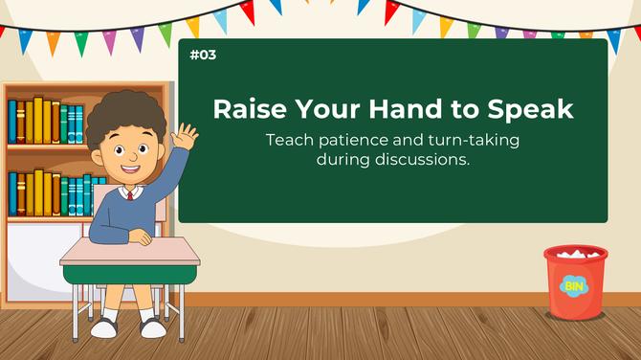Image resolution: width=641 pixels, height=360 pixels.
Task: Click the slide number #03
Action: click(203, 56)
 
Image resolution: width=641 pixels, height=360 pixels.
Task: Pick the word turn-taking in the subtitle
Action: click(473, 140)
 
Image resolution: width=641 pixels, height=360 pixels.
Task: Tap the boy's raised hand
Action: click(184, 136)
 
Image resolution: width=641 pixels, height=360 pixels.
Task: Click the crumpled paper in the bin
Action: click(576, 254)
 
